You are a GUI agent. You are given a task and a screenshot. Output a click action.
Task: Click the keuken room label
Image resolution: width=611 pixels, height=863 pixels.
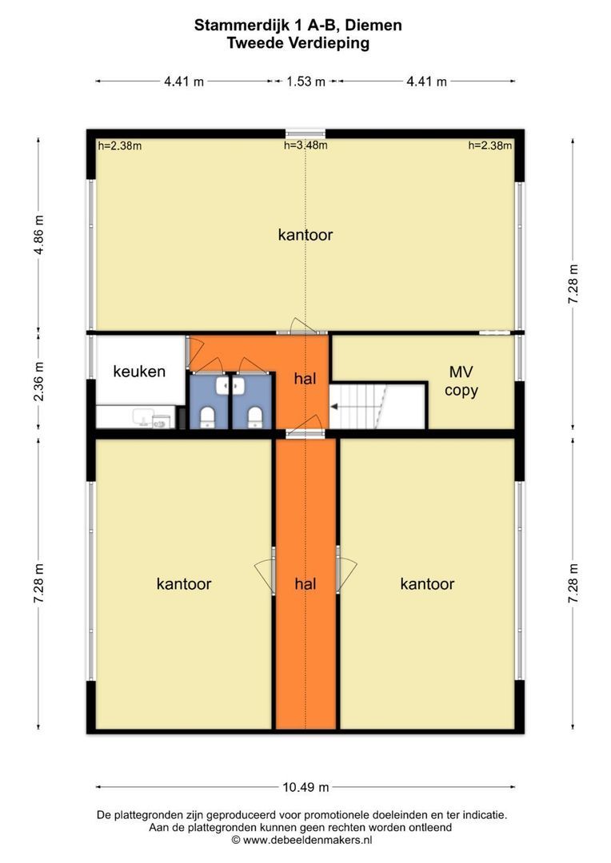point(139,372)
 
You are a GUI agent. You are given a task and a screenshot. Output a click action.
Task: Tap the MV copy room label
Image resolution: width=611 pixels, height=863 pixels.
point(461,381)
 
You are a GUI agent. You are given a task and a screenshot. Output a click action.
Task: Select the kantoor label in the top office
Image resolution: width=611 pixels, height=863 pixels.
point(305,235)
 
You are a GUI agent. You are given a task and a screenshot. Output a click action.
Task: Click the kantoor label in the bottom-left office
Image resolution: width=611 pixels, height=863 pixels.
point(184,584)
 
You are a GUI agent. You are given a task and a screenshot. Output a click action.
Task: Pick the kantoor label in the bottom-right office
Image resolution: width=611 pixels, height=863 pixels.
point(428,584)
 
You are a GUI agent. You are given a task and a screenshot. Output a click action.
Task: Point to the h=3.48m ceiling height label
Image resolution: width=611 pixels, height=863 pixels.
point(305,145)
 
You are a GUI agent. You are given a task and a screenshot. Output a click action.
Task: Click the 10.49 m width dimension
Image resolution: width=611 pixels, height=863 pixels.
point(305,787)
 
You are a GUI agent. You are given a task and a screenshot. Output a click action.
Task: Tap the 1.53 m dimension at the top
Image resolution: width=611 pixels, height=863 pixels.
point(305,82)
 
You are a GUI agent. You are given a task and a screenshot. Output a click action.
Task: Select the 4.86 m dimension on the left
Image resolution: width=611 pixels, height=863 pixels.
point(38,235)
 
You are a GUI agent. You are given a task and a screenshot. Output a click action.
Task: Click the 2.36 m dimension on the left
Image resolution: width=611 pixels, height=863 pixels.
point(38,381)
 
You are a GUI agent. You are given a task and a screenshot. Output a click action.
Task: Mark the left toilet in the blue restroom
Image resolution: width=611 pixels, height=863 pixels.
point(208,417)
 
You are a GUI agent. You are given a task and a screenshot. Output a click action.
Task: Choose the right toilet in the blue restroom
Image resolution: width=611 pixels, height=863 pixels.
point(254,417)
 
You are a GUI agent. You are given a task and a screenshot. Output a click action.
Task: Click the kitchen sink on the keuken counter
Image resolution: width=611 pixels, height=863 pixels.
point(142,417)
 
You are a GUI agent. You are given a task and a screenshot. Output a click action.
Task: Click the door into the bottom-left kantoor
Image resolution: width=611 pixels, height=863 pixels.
point(266,571)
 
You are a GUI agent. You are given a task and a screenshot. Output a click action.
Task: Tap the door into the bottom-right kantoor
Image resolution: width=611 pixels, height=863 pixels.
point(346,571)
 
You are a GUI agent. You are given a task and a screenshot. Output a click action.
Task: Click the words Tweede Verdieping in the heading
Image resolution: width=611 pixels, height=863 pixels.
point(298,43)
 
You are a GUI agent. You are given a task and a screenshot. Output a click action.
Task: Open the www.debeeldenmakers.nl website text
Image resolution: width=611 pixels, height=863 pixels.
point(307,840)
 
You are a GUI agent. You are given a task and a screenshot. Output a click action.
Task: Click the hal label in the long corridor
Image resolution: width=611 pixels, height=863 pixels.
point(305,584)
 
